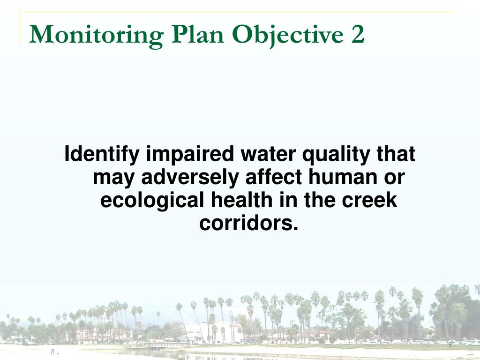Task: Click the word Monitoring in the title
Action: [96, 36]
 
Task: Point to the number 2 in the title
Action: [357, 35]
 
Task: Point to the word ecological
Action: [152, 201]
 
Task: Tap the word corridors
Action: [249, 223]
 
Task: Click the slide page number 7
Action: [450, 346]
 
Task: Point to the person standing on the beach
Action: [52, 350]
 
